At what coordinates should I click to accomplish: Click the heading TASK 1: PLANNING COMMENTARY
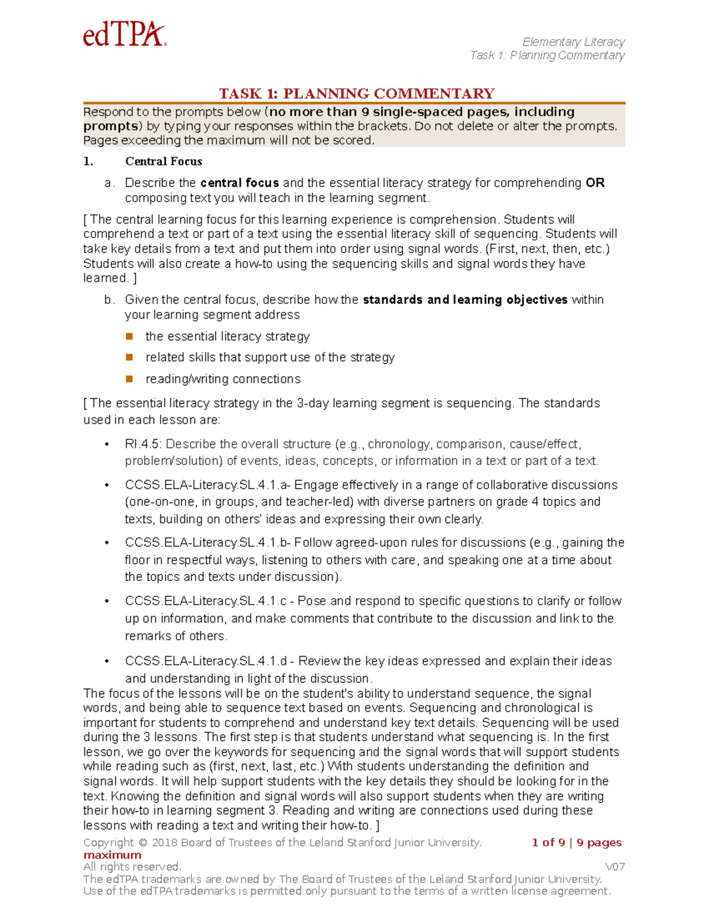click(356, 93)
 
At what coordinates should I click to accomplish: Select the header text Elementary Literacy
click(573, 42)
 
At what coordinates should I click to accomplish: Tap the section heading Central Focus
click(164, 161)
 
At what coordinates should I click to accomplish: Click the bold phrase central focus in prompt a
click(239, 183)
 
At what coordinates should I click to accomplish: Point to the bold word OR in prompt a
click(595, 183)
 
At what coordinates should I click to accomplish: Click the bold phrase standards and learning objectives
click(465, 300)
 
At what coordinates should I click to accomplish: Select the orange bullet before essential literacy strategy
click(129, 336)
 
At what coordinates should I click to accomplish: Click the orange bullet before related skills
click(129, 357)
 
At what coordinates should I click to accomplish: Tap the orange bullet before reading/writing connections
click(129, 378)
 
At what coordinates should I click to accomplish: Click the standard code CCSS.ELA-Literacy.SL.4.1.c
click(206, 601)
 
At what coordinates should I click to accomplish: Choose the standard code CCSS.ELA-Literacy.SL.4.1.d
click(206, 661)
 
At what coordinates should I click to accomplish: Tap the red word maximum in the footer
click(112, 855)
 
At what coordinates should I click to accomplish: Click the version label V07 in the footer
click(615, 867)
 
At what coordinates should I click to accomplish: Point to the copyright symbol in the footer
click(143, 843)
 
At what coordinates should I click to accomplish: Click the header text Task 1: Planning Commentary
click(547, 56)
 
